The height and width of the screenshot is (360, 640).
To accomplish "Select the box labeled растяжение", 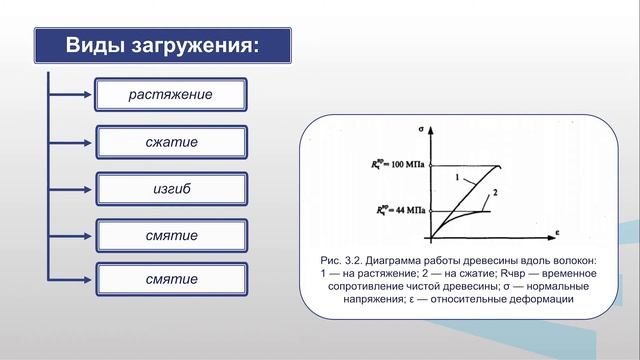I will point(171,96).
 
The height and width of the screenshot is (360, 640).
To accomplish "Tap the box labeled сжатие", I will point(171,142).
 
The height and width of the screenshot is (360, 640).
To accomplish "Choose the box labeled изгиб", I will point(171,188).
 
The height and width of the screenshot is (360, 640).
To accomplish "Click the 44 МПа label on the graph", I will point(404,211).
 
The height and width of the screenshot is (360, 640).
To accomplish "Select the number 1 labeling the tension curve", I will point(456,177).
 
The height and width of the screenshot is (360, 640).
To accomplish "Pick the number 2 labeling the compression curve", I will point(494,191).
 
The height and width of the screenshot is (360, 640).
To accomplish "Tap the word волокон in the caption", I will point(569,260).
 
